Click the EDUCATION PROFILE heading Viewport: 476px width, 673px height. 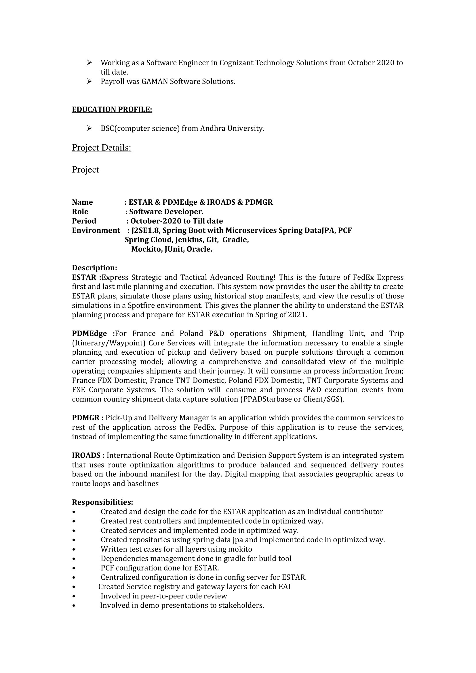(x=112, y=110)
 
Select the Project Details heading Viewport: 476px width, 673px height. (x=101, y=148)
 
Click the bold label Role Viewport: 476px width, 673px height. (x=80, y=212)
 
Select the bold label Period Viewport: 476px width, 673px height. (x=84, y=221)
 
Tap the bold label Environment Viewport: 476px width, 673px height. (x=96, y=230)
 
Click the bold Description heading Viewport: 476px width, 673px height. (x=94, y=268)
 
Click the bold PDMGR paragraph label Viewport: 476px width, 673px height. (x=86, y=418)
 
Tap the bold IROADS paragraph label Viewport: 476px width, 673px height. (x=87, y=455)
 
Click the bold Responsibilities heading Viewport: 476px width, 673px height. (x=102, y=502)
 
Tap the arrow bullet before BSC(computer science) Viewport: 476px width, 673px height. (x=90, y=128)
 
